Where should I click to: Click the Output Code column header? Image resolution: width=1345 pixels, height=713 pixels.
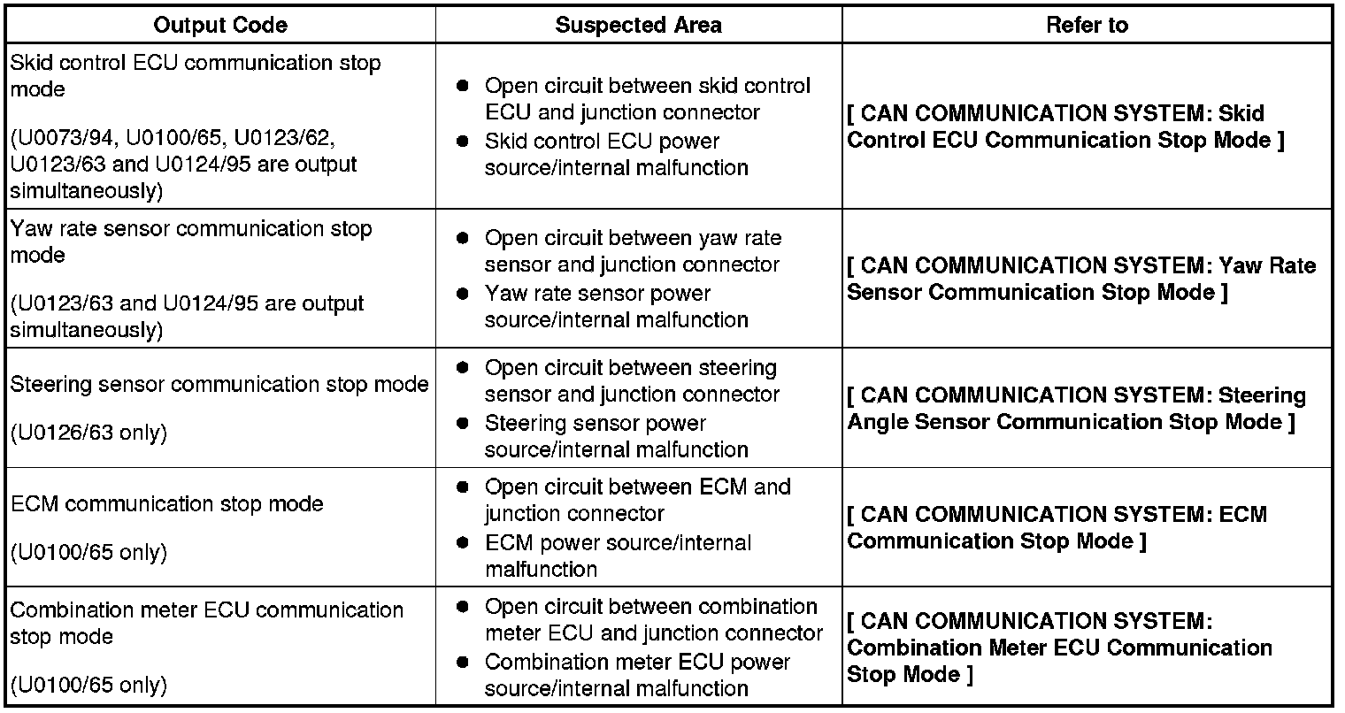coord(220,26)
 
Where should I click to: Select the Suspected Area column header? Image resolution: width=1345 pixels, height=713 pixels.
coord(638,26)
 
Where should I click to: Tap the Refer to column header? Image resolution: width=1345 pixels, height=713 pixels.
coord(1087,26)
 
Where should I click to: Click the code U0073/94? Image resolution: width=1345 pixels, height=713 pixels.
coord(66,138)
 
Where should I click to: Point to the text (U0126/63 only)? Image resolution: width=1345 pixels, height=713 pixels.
coord(88,433)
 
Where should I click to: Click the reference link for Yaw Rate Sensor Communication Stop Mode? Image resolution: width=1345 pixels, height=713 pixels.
coord(1081,279)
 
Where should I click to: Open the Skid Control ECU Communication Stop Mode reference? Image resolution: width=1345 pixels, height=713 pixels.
coord(1065,126)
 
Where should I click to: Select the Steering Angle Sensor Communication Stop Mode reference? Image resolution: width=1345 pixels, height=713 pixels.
coord(1076,408)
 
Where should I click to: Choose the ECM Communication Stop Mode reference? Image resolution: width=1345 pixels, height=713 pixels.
coord(1057,527)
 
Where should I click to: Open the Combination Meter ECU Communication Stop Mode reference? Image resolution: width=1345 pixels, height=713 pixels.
coord(1059,648)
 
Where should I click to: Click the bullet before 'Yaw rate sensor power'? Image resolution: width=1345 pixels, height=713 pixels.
coord(462,294)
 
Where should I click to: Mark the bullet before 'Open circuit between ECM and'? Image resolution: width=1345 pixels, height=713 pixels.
coord(462,487)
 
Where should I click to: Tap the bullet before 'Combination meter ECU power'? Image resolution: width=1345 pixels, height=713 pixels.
coord(462,663)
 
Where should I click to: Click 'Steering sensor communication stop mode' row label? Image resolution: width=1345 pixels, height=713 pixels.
coord(219,385)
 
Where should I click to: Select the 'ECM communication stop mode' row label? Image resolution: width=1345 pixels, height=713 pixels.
coord(167,504)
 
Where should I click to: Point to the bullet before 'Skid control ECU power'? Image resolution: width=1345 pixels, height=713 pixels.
coord(462,142)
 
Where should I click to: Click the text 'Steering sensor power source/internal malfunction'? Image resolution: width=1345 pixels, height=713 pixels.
coord(616,437)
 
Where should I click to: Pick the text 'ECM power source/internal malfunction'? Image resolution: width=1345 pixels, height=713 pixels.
coord(618,556)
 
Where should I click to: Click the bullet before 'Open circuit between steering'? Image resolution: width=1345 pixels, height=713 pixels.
coord(462,368)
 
